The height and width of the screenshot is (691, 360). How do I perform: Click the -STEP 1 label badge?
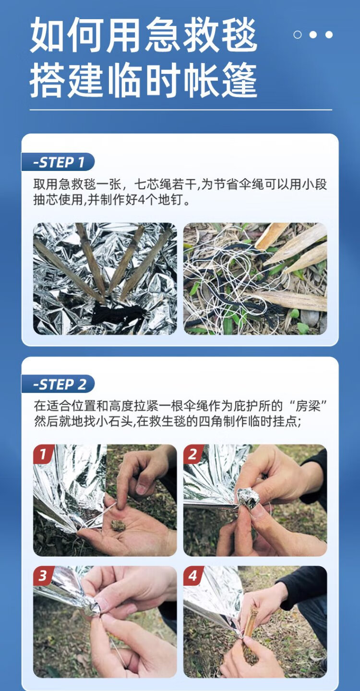pyautogui.click(x=58, y=162)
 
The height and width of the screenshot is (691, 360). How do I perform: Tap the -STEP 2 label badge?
pyautogui.click(x=58, y=384)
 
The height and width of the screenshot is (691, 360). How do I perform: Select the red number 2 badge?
pyautogui.click(x=193, y=454)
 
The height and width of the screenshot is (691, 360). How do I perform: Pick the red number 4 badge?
pyautogui.click(x=193, y=575)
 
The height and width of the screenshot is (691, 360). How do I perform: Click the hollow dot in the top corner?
pyautogui.click(x=298, y=35)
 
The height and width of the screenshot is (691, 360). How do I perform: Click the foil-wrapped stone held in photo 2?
pyautogui.click(x=248, y=498)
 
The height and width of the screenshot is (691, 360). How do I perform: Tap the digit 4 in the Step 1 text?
pyautogui.click(x=141, y=201)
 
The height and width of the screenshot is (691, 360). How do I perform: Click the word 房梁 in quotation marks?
pyautogui.click(x=308, y=406)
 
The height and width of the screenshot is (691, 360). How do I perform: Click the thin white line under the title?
pyautogui.click(x=181, y=109)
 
